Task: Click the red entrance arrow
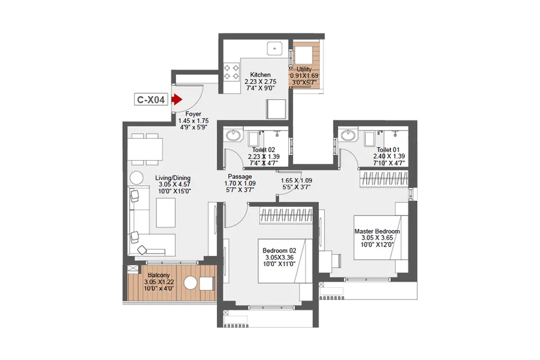coord(176,99)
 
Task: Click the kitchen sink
coord(275,48)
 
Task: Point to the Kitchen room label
coord(260,75)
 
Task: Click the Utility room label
coord(305,69)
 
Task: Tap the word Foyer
coord(193,114)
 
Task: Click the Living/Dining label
coord(173,178)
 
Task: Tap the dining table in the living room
coord(145,150)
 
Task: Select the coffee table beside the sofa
coord(166,213)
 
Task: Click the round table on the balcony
coord(190,283)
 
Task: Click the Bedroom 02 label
coord(279,250)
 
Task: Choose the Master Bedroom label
coord(376,232)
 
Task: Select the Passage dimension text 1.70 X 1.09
coord(239,183)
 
